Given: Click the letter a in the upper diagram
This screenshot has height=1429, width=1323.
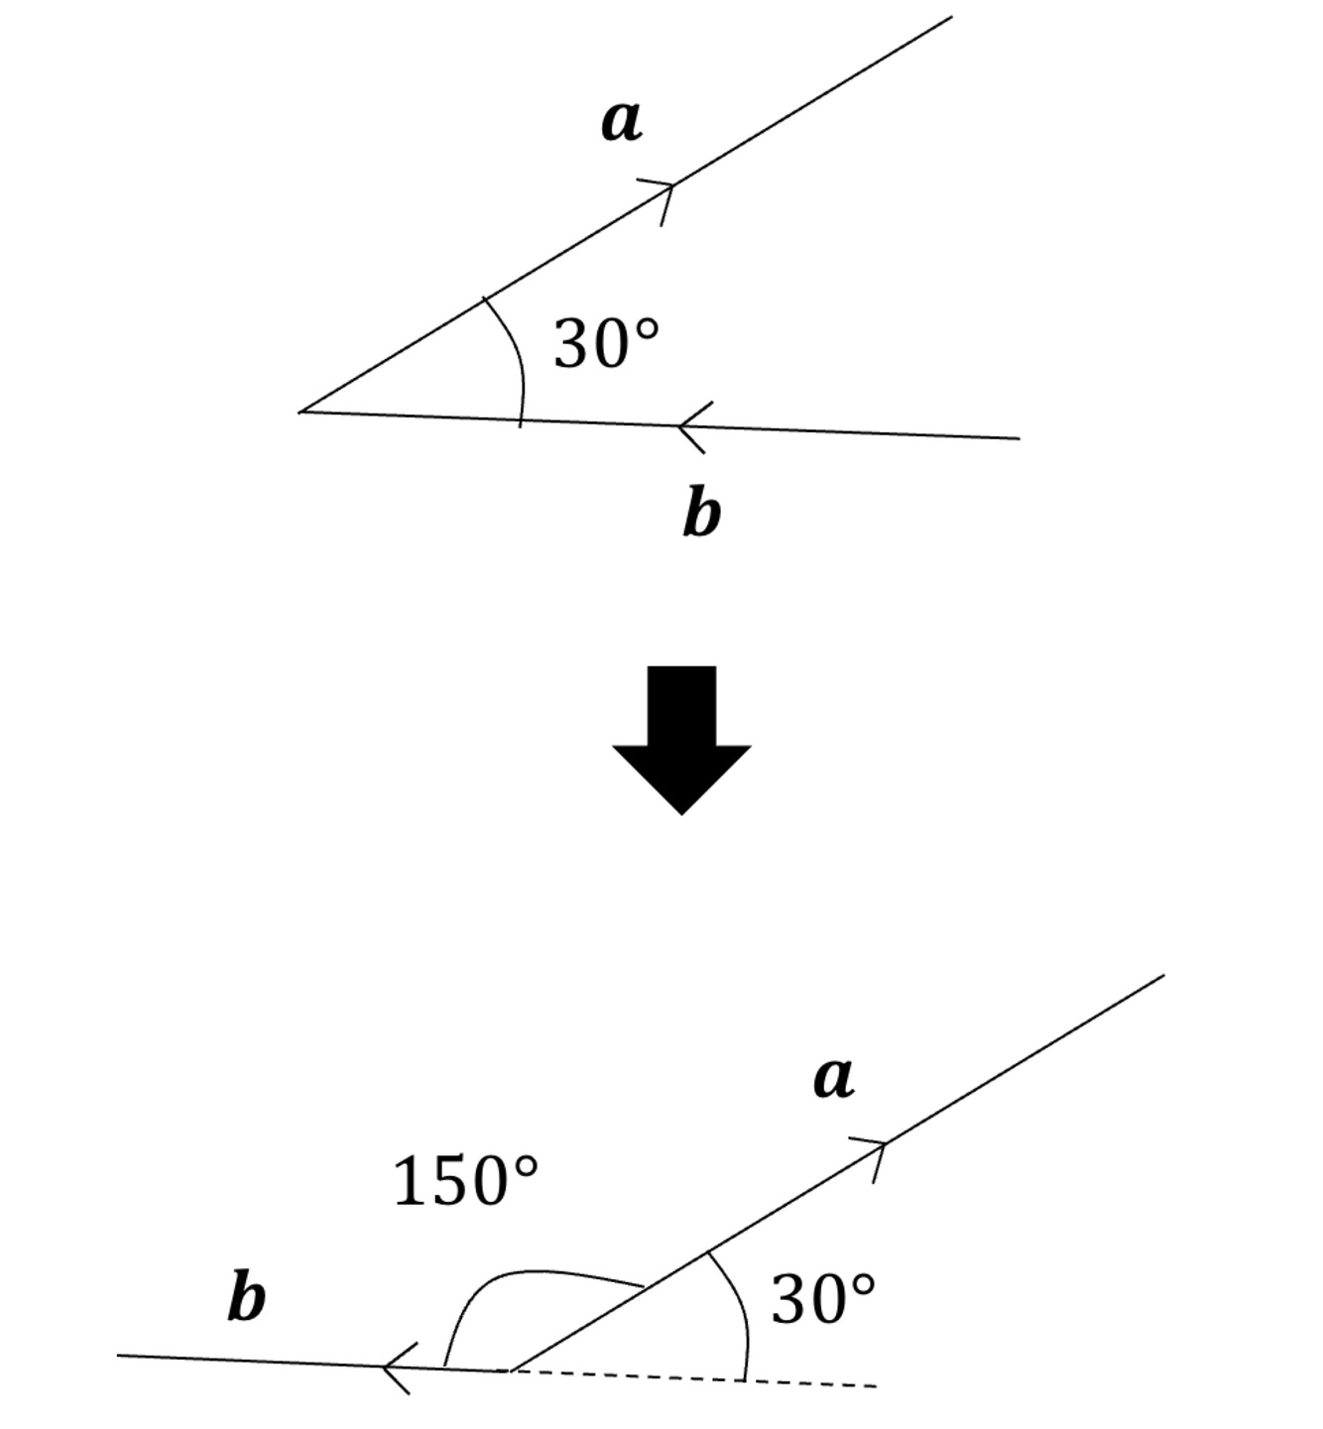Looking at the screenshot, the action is click(x=622, y=122).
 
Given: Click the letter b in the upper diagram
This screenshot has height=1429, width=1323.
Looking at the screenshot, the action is click(x=701, y=514).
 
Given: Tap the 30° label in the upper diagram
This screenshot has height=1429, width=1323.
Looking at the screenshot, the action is click(x=605, y=344).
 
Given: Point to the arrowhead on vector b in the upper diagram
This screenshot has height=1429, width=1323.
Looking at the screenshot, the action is click(x=692, y=427).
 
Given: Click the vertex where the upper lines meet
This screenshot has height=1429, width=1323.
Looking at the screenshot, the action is click(x=301, y=411).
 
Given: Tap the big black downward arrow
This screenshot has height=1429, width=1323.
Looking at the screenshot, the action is click(x=681, y=738).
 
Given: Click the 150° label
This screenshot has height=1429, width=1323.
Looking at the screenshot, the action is click(x=465, y=1181).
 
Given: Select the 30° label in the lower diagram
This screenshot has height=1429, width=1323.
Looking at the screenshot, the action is click(x=822, y=1299).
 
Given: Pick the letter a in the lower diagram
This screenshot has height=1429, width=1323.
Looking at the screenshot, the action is click(x=833, y=1078).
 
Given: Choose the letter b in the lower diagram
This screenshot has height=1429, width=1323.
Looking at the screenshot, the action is click(x=246, y=1297).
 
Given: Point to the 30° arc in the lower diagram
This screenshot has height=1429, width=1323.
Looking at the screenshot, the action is click(x=740, y=1309).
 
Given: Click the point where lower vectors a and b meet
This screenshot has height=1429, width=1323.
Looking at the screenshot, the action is click(x=510, y=1370).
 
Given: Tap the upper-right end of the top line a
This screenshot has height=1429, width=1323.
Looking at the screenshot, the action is click(x=950, y=17).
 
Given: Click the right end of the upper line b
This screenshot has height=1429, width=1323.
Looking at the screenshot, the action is click(x=1018, y=437).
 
